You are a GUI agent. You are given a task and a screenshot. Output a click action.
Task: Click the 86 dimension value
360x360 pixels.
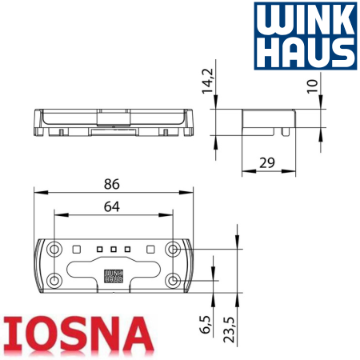(x=112, y=184)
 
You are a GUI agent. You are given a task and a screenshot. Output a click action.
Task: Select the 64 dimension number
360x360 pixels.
(x=112, y=206)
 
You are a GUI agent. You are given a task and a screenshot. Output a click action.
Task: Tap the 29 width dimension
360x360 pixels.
(x=267, y=162)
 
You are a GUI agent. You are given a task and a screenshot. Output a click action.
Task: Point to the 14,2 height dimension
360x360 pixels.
(x=208, y=81)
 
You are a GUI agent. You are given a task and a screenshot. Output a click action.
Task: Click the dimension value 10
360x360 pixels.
(x=313, y=86)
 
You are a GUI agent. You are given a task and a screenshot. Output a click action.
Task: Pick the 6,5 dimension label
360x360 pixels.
(x=205, y=324)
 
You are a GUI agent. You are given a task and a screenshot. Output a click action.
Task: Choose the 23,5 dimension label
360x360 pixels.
(x=229, y=330)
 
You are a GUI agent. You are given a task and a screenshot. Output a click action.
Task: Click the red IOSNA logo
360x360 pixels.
(x=78, y=334)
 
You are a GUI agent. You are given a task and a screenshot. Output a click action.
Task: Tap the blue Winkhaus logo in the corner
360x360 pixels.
(x=306, y=36)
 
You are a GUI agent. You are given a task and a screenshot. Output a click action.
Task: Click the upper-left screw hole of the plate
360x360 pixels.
(x=54, y=250)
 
